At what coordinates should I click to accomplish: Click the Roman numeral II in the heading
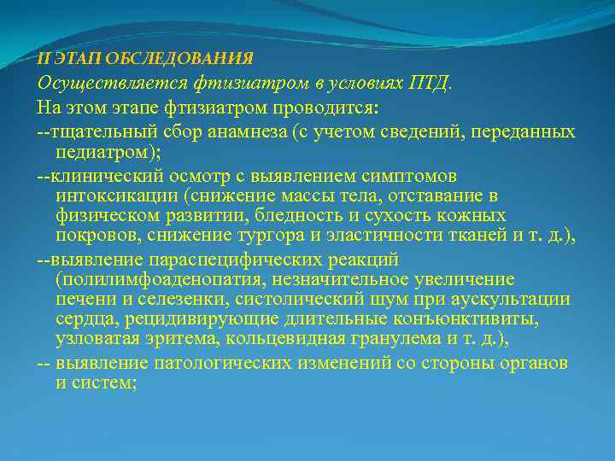[44, 59]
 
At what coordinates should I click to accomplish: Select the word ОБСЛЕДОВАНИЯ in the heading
[196, 59]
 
